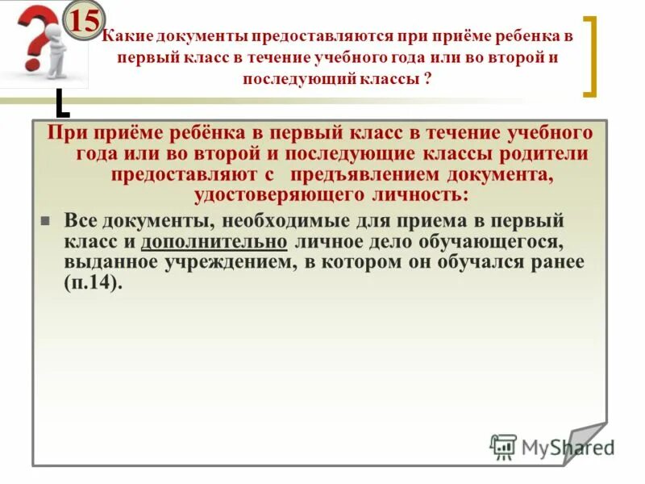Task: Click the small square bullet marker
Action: (46, 220)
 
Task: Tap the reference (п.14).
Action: (94, 283)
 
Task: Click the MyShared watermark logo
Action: (551, 447)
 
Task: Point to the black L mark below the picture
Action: (62, 104)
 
